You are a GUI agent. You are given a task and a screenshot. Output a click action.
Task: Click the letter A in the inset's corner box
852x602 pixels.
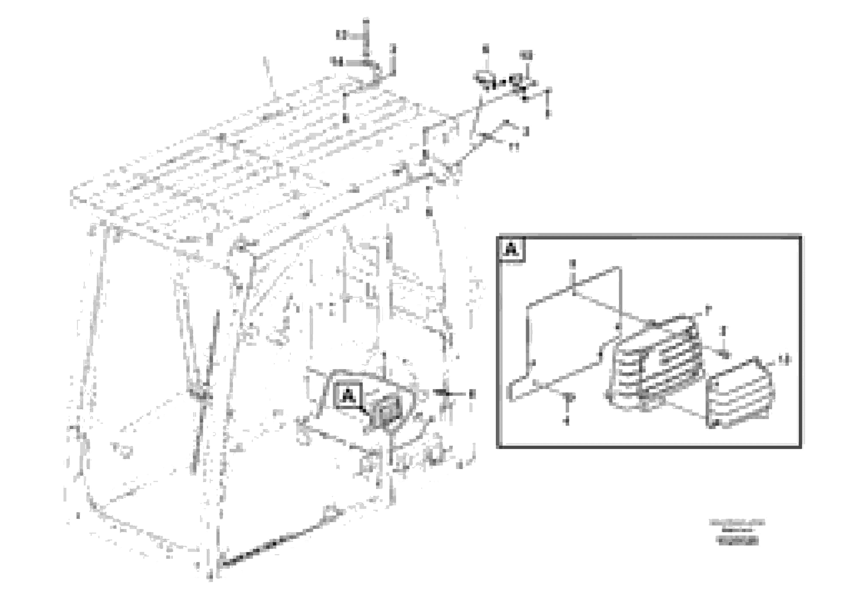pos(511,249)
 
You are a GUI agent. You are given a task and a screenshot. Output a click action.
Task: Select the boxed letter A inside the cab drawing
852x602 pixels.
pos(348,396)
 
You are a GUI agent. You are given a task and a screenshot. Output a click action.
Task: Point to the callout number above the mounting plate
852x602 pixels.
pos(573,264)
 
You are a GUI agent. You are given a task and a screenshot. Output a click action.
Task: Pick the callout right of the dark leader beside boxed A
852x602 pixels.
pos(471,393)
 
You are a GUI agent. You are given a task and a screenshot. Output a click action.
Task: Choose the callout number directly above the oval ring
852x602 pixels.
pos(485,49)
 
